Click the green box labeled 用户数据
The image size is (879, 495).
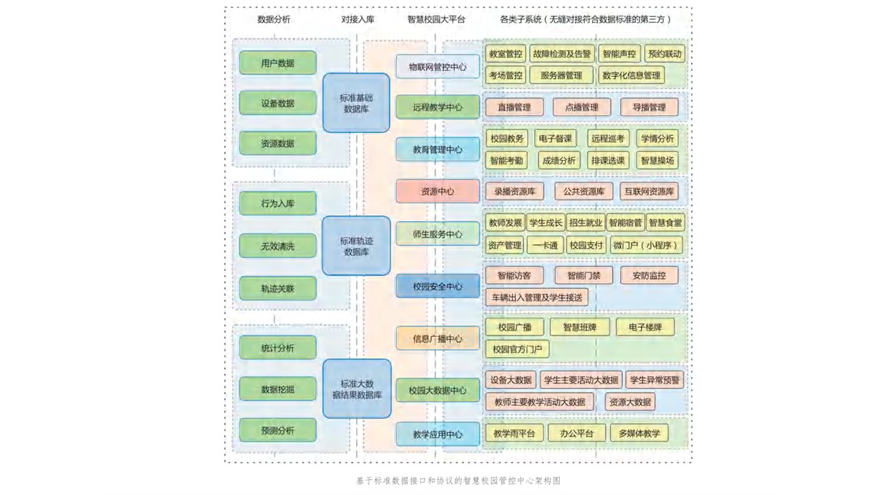(x=277, y=63)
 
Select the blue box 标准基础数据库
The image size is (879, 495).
(x=356, y=103)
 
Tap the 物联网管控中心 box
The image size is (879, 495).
(x=437, y=67)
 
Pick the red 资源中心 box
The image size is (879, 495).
(x=437, y=192)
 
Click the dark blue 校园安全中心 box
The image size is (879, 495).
(x=437, y=286)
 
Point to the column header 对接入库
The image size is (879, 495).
(x=358, y=19)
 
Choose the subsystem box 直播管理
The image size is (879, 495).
(x=514, y=107)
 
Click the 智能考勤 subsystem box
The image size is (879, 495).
(x=505, y=160)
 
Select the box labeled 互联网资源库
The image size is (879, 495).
(x=648, y=192)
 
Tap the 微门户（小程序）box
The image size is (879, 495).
(x=646, y=245)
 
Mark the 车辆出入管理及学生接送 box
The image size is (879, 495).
(x=536, y=298)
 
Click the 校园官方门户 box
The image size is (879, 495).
(x=517, y=349)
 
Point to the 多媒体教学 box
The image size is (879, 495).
(x=639, y=433)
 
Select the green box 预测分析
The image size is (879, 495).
(x=277, y=431)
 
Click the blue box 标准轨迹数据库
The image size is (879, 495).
(x=356, y=246)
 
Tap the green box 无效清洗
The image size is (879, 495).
(x=277, y=246)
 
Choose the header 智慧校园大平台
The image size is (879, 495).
(x=436, y=19)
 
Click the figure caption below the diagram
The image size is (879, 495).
(x=458, y=481)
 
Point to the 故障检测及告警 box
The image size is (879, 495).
(x=562, y=54)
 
